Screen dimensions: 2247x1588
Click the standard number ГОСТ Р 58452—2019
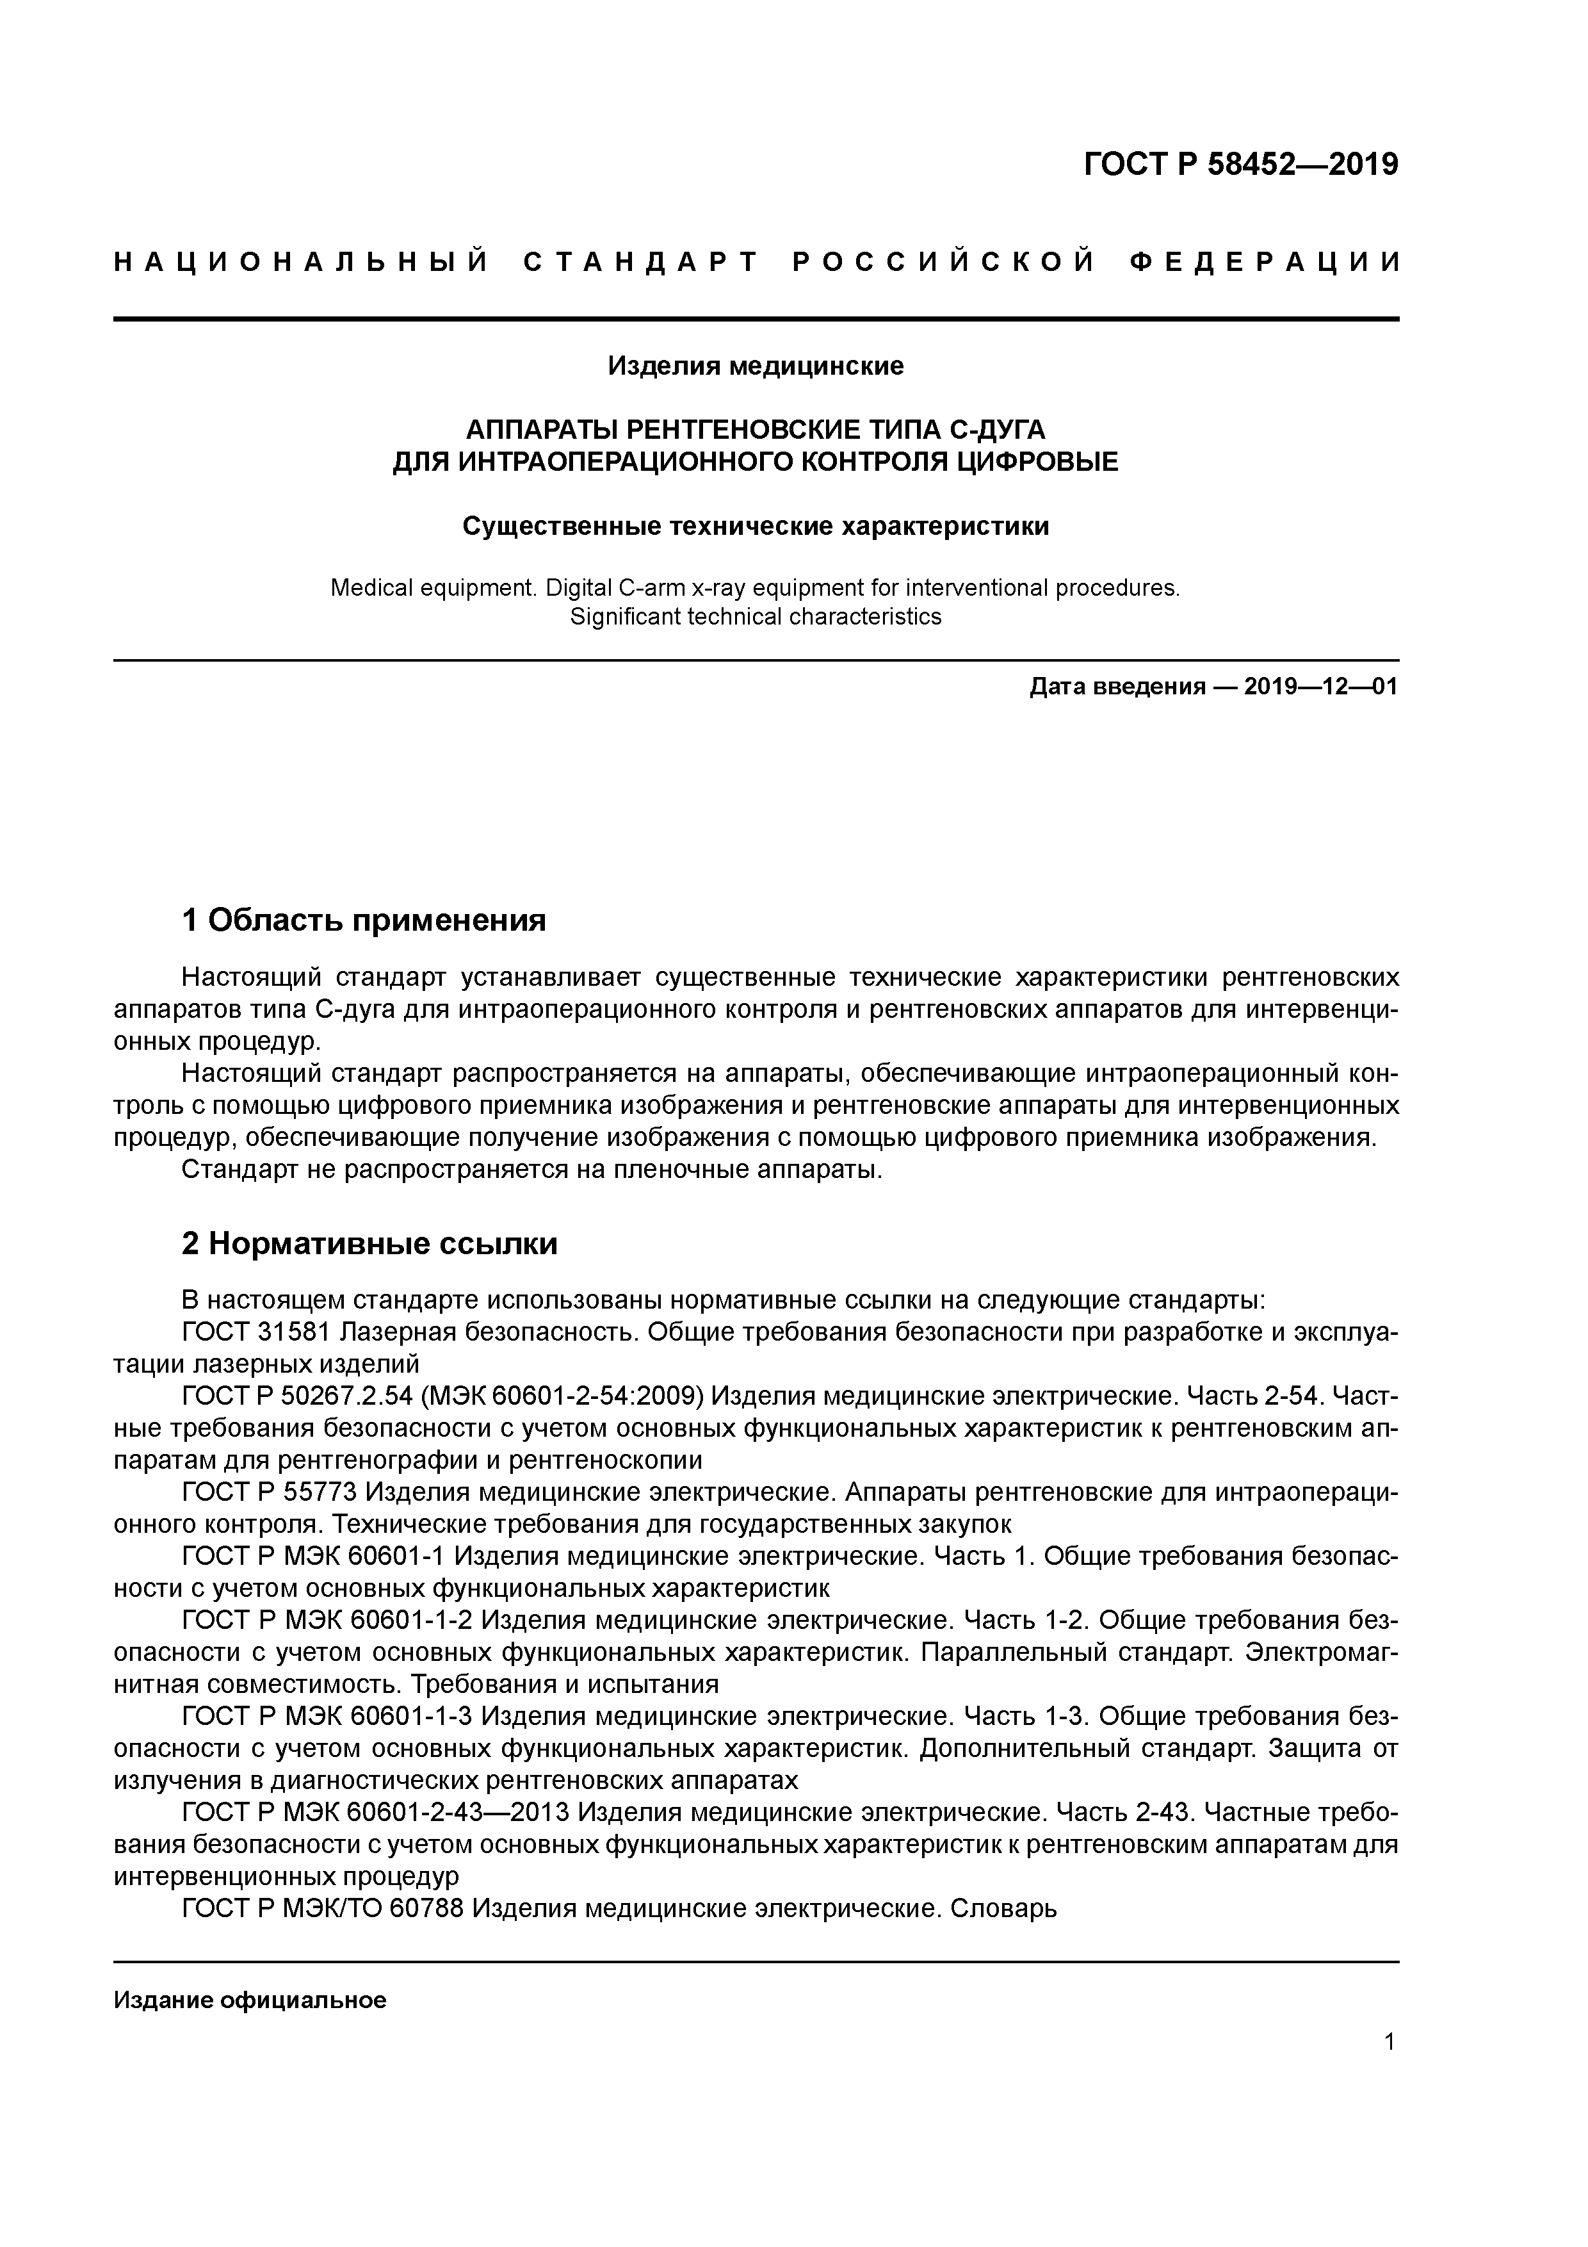pos(1241,165)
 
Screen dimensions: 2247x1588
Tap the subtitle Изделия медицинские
pos(756,366)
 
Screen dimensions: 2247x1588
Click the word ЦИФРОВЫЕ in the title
pos(1037,461)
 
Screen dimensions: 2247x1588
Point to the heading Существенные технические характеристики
pos(756,527)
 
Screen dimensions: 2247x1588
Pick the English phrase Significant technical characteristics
pos(756,617)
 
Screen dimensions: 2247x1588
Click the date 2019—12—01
pos(1321,687)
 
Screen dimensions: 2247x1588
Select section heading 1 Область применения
pos(364,921)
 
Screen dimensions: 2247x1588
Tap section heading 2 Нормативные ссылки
pos(370,1244)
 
